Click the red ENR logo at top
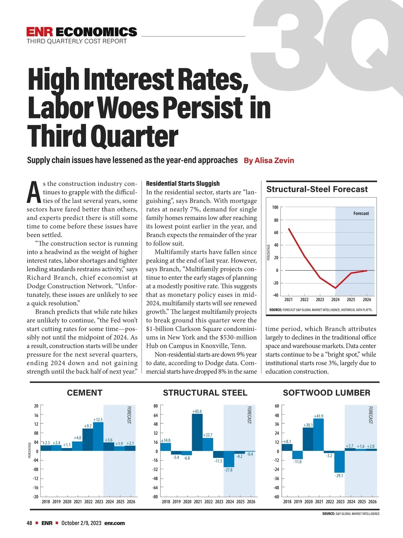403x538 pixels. [x=40, y=32]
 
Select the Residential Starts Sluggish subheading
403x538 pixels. [x=183, y=183]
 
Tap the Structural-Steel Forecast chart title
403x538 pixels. [x=317, y=189]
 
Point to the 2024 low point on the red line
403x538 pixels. [x=335, y=288]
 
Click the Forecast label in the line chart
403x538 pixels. [x=361, y=213]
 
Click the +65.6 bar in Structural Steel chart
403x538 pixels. [x=197, y=432]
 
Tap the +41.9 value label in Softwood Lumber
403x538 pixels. [x=318, y=416]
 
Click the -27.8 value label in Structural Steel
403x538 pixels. [x=228, y=470]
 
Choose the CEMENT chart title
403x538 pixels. [x=85, y=393]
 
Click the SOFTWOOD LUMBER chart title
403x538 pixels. [x=326, y=393]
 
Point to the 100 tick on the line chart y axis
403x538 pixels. [x=275, y=207]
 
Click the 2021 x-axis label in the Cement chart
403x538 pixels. [x=78, y=501]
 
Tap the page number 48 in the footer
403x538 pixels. [x=30, y=523]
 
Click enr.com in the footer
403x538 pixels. [x=115, y=523]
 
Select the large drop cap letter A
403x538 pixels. [x=34, y=192]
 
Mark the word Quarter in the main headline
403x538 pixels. [x=134, y=136]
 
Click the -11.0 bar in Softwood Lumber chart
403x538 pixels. [x=297, y=455]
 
